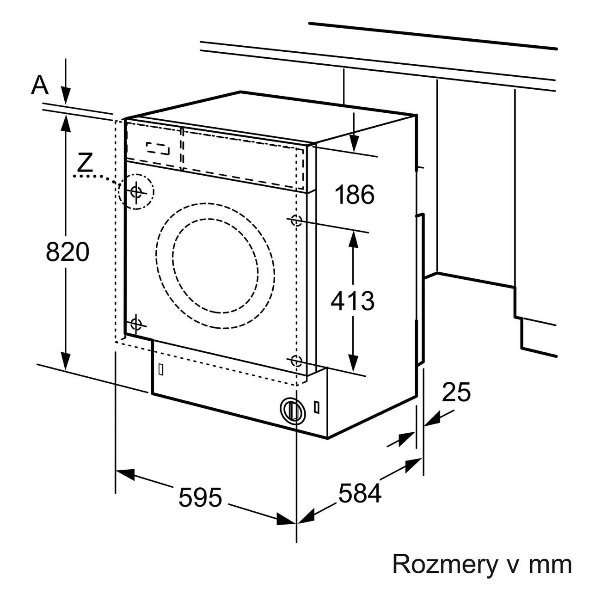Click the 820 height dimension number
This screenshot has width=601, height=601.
pyautogui.click(x=67, y=251)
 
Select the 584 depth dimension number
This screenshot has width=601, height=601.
pyautogui.click(x=360, y=493)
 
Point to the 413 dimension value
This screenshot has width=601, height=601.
pyautogui.click(x=352, y=301)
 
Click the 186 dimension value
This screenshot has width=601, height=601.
pyautogui.click(x=354, y=195)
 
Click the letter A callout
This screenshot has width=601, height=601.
pyautogui.click(x=40, y=85)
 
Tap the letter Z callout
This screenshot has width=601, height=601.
pyautogui.click(x=85, y=163)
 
